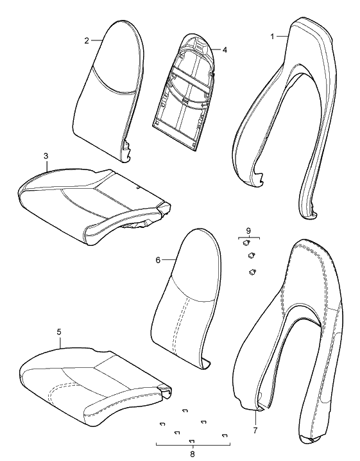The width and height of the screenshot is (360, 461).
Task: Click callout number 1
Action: tap(272, 37)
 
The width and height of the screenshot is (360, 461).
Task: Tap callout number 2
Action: tap(87, 41)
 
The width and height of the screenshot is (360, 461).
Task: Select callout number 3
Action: tap(46, 156)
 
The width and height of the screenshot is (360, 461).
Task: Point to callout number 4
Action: tap(225, 50)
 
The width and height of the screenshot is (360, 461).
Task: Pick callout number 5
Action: tap(59, 332)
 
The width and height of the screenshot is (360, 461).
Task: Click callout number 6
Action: tap(158, 260)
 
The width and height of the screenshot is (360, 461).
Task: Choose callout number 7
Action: tap(255, 431)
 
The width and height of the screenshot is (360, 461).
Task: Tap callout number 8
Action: tap(193, 454)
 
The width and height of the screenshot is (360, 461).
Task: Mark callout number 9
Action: tap(248, 230)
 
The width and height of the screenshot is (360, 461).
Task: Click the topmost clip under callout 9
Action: tap(246, 243)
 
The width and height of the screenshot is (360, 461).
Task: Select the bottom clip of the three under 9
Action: tap(252, 272)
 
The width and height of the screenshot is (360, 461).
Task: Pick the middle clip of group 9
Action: tap(252, 255)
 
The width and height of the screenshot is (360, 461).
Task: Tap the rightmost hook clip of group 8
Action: tap(225, 435)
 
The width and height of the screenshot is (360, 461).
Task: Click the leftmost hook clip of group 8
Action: tap(162, 424)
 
